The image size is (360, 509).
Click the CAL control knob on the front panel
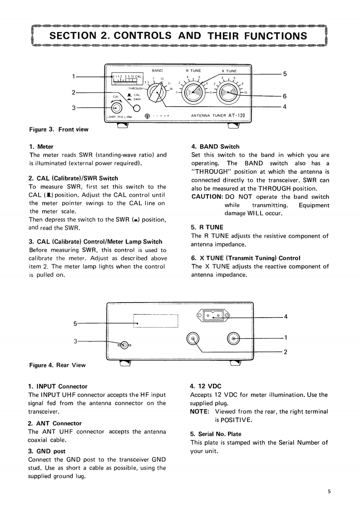tap(117, 108)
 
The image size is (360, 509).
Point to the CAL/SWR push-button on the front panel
tap(136, 108)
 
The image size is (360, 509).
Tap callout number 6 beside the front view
tap(285, 96)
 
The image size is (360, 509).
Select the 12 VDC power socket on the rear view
tap(213, 315)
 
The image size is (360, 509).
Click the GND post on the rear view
tap(125, 345)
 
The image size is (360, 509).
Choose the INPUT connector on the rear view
tap(234, 338)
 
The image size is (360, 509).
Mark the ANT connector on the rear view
tap(194, 338)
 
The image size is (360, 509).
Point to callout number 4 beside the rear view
tap(286, 316)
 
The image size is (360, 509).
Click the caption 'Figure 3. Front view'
tap(59, 129)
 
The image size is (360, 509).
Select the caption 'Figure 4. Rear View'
tap(57, 365)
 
